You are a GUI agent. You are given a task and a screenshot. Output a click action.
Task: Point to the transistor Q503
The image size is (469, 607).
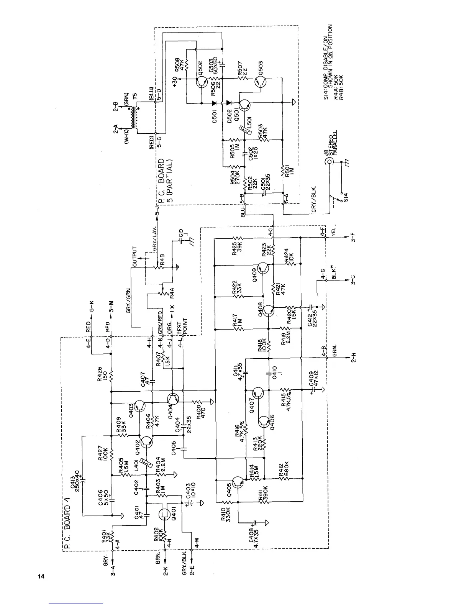coord(261,81)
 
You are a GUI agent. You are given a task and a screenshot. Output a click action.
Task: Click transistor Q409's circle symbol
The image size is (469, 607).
coord(264,268)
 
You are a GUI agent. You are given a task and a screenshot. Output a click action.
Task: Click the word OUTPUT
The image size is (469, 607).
coord(134,256)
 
